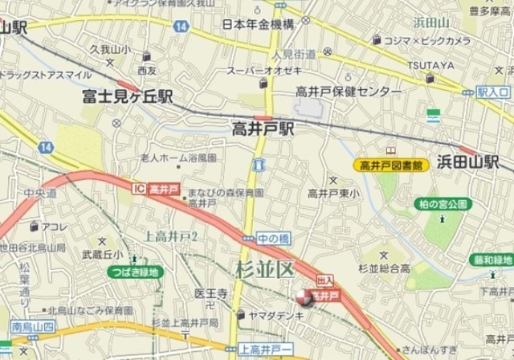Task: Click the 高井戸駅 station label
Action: (x=263, y=128)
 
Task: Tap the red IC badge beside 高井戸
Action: (x=139, y=186)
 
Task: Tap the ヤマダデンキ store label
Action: (x=276, y=314)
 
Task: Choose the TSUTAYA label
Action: (x=430, y=64)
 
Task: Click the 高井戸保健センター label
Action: (x=348, y=92)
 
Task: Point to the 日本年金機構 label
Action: (x=255, y=26)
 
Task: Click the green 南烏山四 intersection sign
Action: (x=33, y=327)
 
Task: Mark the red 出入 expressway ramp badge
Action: (x=325, y=281)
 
